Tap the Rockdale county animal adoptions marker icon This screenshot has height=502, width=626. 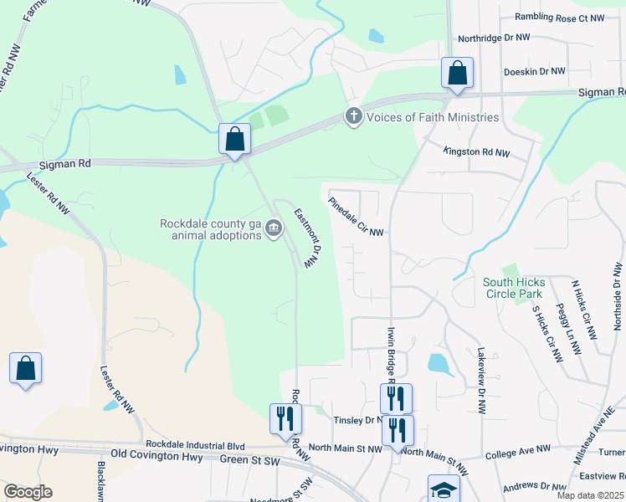click(274, 228)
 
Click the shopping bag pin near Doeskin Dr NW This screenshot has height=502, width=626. click(457, 74)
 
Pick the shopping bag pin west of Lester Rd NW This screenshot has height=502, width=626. click(26, 369)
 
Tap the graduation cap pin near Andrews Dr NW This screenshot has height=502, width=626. click(444, 490)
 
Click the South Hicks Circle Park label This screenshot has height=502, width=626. click(513, 288)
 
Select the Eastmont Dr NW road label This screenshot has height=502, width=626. click(306, 238)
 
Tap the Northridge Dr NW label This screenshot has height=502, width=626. click(494, 38)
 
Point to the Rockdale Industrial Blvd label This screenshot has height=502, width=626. click(195, 443)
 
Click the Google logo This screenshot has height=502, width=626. click(28, 492)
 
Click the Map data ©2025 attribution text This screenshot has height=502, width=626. click(590, 495)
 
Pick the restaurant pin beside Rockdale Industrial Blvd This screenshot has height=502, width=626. click(285, 420)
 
